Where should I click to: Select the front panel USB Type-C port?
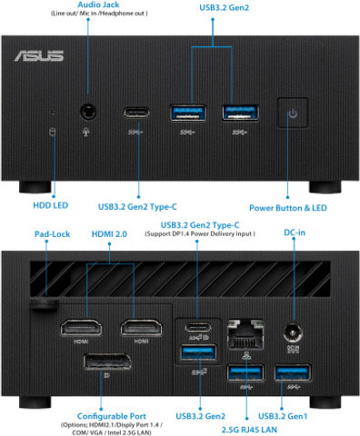point(138,114)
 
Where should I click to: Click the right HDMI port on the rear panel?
point(141,328)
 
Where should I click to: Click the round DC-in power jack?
point(293,333)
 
